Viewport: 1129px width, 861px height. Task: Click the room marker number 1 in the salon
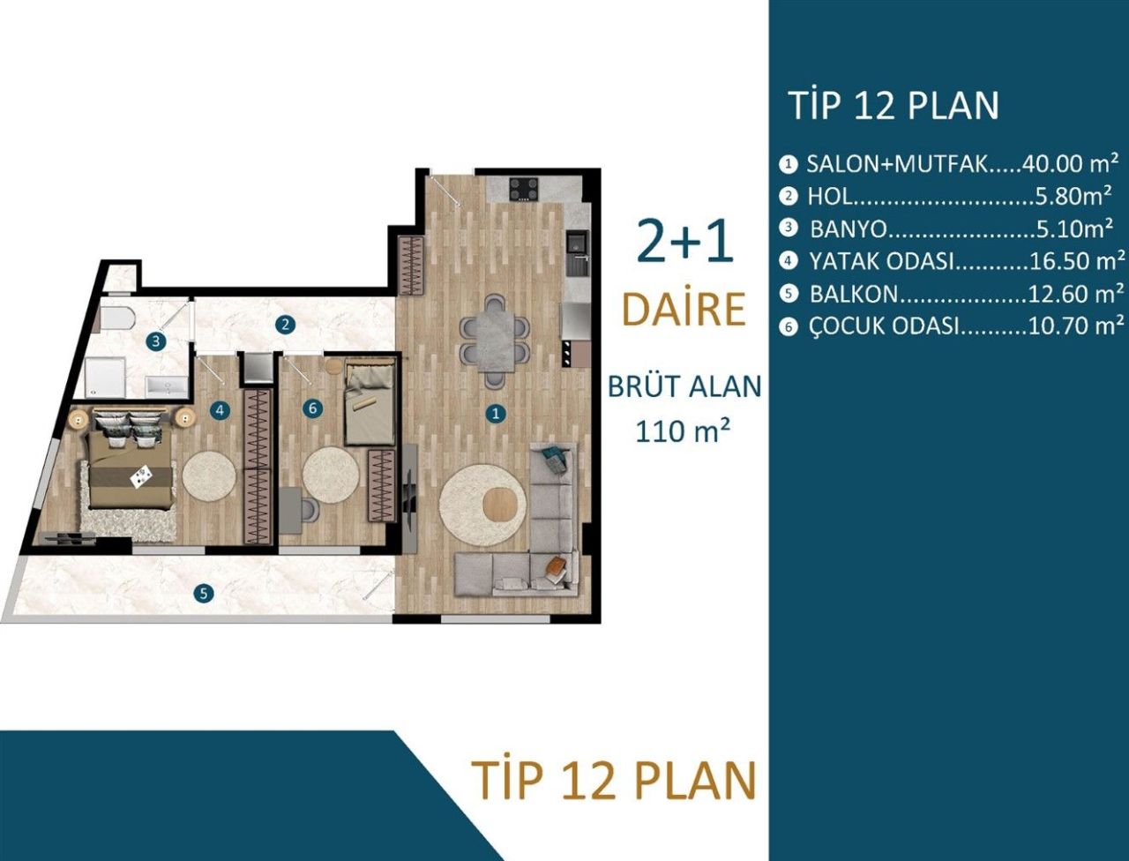[x=497, y=413]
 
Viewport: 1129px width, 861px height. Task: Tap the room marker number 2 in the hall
[x=284, y=324]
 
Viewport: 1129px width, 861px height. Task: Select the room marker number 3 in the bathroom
[x=155, y=341]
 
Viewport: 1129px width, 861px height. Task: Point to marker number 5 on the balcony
[x=204, y=594]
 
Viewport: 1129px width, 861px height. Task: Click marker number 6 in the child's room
[x=310, y=408]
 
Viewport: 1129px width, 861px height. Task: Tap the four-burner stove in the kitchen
[x=523, y=189]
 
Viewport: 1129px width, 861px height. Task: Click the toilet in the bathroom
[x=116, y=318]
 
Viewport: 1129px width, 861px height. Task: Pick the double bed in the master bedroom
[x=127, y=467]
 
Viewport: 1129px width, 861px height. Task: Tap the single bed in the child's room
[x=370, y=402]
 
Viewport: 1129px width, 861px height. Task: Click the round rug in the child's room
[x=331, y=474]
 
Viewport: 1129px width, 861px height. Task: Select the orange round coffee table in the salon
[x=505, y=505]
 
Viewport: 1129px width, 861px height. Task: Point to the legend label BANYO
[x=848, y=229]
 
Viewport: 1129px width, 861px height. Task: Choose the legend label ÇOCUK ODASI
[x=883, y=326]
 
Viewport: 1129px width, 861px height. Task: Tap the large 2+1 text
[x=684, y=242]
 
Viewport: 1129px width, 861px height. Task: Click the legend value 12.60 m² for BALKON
[x=1076, y=293]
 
